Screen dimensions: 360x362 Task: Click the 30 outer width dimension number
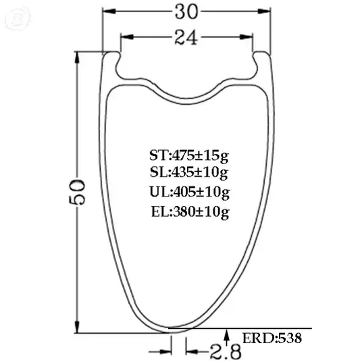coord(186,12)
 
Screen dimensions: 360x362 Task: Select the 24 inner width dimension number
coord(186,37)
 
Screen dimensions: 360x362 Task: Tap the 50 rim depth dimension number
coord(77,192)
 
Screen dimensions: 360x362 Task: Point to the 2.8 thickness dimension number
coord(226,351)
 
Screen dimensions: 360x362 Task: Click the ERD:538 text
coord(272,338)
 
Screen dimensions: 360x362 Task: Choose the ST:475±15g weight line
coord(189,156)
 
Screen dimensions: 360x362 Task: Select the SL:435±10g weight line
coord(189,172)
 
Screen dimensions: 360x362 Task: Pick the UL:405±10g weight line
coord(190,192)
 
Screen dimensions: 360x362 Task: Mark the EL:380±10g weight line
coord(190,211)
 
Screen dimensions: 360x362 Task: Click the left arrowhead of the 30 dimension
coord(109,11)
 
